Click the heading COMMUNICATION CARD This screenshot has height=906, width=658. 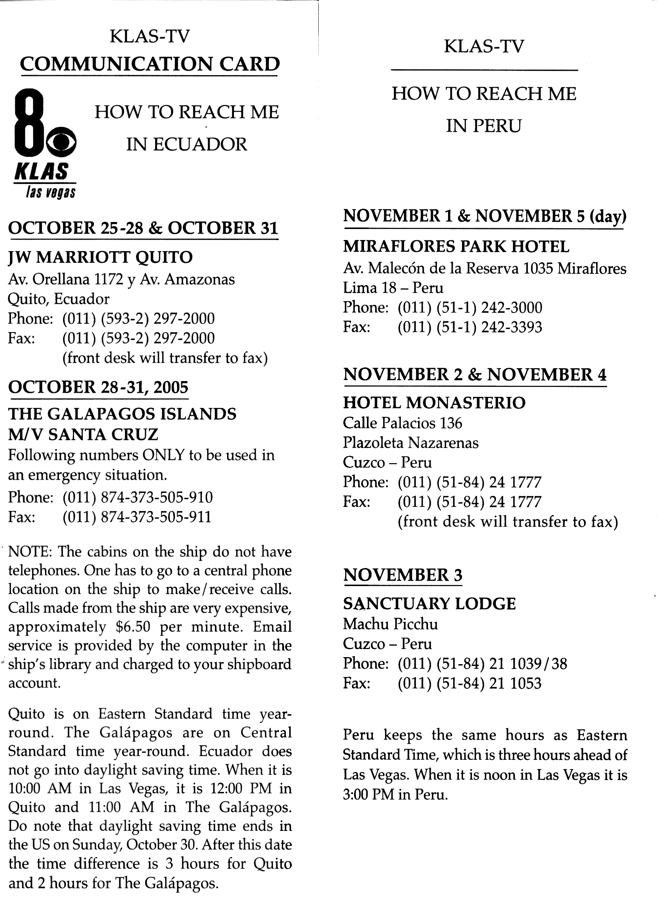150,64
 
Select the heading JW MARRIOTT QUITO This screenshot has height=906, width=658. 100,257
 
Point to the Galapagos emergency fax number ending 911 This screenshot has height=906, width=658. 137,517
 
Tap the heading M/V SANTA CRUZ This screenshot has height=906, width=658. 84,434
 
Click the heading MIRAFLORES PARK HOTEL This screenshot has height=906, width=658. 456,247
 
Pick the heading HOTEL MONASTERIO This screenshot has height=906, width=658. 434,403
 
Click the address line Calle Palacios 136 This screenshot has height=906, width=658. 403,423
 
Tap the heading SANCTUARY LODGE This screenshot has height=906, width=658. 429,604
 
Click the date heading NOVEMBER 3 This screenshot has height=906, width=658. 403,575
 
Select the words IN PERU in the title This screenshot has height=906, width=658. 484,126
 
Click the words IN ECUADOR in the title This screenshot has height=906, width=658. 187,145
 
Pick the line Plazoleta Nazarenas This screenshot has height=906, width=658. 410,443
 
